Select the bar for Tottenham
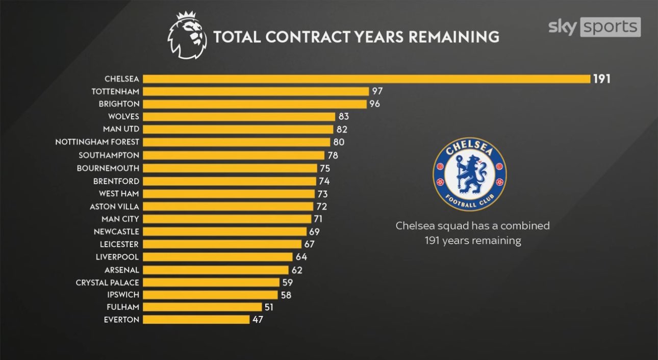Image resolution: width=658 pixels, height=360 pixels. [256, 92]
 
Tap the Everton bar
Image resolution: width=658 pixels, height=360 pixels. [196, 320]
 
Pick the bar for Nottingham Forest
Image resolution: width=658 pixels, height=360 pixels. [237, 142]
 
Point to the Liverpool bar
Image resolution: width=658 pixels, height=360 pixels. [218, 256]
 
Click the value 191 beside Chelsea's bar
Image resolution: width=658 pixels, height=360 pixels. [602, 79]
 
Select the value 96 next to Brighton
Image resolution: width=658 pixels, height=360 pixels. [375, 104]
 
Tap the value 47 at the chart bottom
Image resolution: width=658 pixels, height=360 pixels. [258, 320]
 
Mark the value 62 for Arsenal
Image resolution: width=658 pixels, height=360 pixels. [297, 269]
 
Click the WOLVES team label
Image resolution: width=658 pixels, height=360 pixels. [123, 117]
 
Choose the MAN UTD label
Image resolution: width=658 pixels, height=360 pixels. [121, 130]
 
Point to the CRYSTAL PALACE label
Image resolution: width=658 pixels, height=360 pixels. [107, 282]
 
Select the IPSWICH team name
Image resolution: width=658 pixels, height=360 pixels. [123, 295]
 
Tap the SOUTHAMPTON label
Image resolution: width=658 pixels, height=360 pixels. [109, 155]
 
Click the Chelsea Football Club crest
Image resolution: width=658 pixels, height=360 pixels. [469, 174]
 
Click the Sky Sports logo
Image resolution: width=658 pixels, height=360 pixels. [594, 27]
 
